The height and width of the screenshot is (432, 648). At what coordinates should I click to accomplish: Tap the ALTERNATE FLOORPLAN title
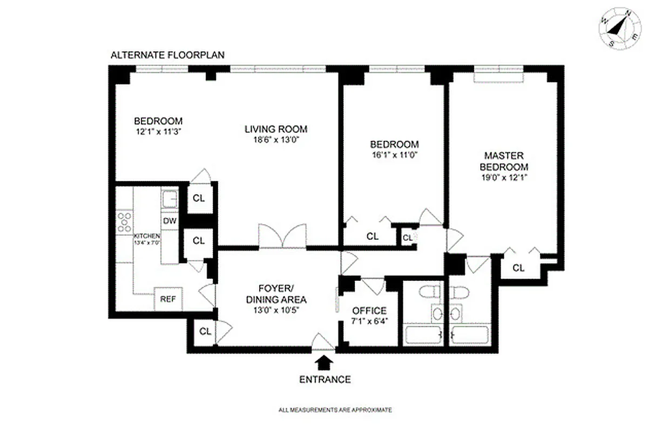click(x=167, y=55)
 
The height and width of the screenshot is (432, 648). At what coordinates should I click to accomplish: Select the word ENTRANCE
click(x=325, y=379)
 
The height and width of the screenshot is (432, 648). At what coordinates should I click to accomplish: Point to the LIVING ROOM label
click(x=276, y=129)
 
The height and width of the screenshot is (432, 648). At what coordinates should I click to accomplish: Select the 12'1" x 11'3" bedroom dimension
click(x=158, y=131)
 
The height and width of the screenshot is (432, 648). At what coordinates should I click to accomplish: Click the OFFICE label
click(x=369, y=311)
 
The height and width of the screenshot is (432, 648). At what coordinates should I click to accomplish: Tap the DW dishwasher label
click(x=169, y=221)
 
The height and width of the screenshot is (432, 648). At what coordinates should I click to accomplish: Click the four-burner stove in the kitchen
click(x=125, y=222)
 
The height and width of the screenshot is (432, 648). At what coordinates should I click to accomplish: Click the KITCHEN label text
click(x=147, y=236)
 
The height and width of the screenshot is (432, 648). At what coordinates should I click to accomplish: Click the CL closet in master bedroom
click(x=518, y=267)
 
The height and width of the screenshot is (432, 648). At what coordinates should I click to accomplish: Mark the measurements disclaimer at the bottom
click(x=335, y=410)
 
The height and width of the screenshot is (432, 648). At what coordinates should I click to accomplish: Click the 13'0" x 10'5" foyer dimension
click(x=276, y=310)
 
